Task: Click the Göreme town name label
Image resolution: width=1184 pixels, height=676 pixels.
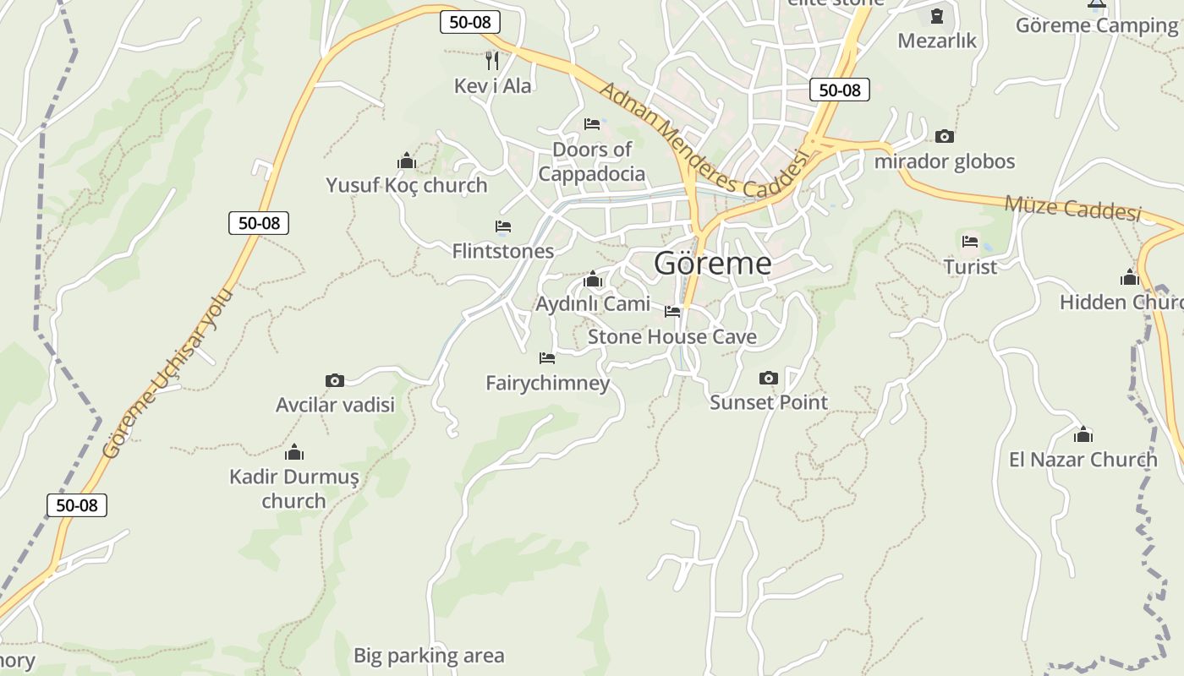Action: [x=712, y=264]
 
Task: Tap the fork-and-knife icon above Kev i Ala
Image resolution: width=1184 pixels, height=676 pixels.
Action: [x=492, y=60]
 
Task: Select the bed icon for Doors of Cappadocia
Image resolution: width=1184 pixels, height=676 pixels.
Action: [x=592, y=124]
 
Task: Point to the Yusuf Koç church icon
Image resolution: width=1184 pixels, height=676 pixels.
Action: [x=407, y=161]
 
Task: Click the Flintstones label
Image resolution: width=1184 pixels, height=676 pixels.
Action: [x=502, y=251]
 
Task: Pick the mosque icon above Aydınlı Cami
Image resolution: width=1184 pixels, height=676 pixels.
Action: [x=592, y=279]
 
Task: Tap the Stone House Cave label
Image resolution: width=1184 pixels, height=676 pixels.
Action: [x=671, y=336]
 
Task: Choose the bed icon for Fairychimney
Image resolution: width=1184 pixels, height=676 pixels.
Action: [x=547, y=358]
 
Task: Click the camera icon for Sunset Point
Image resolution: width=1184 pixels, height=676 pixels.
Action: [x=768, y=378]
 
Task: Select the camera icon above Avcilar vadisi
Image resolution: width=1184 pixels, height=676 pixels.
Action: [x=335, y=380]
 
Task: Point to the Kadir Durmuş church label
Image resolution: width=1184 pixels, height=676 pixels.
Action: [x=293, y=488]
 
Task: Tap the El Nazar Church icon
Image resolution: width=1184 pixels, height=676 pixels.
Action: [x=1083, y=435]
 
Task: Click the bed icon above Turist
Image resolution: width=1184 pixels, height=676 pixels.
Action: [x=970, y=242]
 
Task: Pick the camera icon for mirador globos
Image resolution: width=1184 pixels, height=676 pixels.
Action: [x=944, y=136]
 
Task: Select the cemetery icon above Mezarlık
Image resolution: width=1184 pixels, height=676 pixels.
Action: [x=936, y=16]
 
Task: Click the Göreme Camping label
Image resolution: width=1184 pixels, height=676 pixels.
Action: [x=1096, y=25]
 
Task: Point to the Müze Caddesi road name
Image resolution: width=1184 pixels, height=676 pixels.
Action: [x=1072, y=207]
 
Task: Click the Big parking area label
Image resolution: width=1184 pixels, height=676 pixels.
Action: [x=428, y=655]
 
